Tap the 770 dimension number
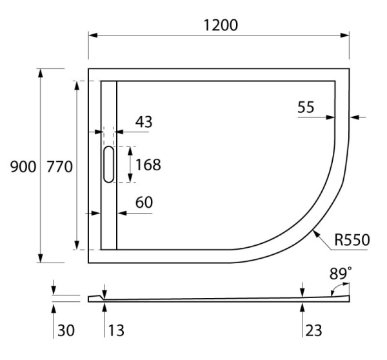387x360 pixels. click(59, 166)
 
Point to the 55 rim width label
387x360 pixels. click(306, 108)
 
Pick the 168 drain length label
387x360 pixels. click(148, 165)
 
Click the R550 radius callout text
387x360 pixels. click(352, 241)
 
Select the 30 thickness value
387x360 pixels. click(65, 331)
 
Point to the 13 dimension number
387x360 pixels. click(116, 331)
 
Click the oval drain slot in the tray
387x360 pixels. click(108, 165)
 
